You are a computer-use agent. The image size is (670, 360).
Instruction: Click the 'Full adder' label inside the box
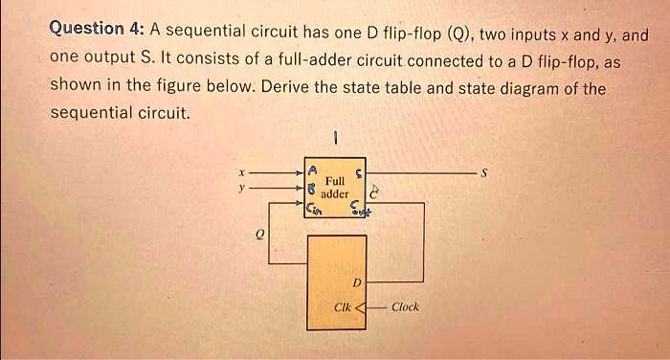click(335, 187)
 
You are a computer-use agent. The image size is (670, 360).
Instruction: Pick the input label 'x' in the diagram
click(241, 173)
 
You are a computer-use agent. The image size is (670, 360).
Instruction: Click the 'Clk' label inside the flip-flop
click(342, 307)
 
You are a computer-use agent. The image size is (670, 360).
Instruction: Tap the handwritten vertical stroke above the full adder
click(334, 140)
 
